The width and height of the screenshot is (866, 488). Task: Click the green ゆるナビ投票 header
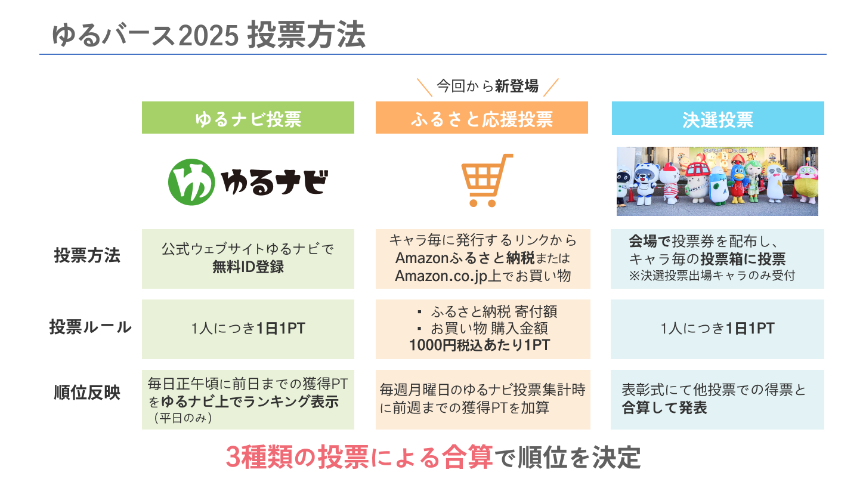point(248,119)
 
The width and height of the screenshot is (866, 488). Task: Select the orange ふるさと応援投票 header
point(481,119)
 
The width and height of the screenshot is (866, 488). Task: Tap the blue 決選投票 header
point(717,119)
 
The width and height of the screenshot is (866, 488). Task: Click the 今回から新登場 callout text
point(487,87)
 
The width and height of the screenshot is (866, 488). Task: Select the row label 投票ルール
point(90,328)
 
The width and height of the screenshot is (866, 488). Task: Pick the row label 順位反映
point(87,393)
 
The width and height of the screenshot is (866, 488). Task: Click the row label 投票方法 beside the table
point(87,255)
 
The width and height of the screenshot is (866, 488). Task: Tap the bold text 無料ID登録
point(248,267)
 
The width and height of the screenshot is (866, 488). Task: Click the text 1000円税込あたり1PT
point(480,345)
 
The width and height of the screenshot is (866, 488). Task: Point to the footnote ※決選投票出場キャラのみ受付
point(712,276)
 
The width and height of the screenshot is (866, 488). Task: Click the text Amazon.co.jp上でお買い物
point(483,276)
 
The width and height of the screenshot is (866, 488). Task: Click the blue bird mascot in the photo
point(738,183)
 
